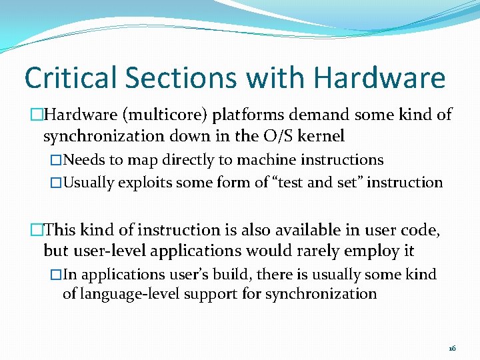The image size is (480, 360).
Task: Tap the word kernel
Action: [x=323, y=137]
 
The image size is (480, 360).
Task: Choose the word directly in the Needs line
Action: [x=188, y=160]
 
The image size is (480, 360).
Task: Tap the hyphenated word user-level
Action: [x=105, y=251]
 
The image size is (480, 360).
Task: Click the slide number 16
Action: [x=452, y=349]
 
